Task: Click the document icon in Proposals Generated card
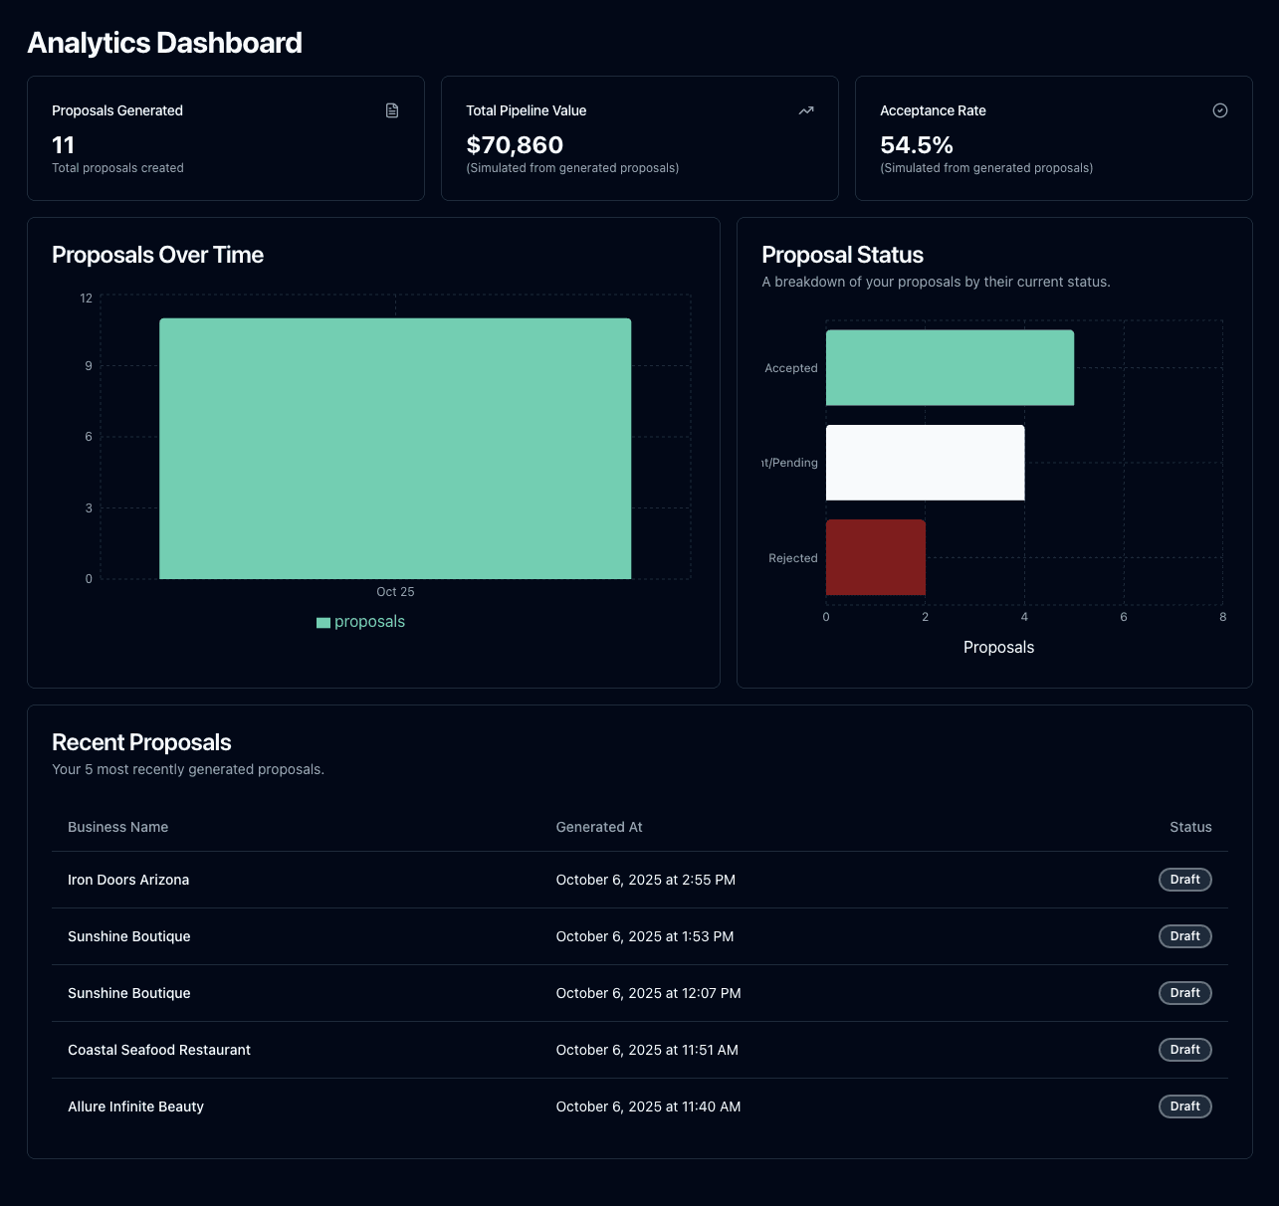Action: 392,110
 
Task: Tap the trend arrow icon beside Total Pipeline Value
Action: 806,110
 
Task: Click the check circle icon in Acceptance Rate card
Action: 1220,110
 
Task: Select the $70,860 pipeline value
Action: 515,145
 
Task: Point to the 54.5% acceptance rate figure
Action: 917,145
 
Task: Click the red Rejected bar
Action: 876,557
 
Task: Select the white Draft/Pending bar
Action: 925,463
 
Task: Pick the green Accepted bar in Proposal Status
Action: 950,367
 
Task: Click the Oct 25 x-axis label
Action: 395,592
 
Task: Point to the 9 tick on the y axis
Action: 89,366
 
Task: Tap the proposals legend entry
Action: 360,622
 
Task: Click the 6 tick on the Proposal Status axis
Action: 1124,617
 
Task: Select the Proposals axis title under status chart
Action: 998,648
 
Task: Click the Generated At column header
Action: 599,827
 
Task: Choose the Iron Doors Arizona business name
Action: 128,880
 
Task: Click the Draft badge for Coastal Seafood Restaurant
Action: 1184,1050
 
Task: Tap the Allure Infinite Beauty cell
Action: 135,1106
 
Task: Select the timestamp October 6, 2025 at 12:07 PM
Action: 648,993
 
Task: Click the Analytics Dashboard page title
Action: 164,43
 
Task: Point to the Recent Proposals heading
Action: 141,742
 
